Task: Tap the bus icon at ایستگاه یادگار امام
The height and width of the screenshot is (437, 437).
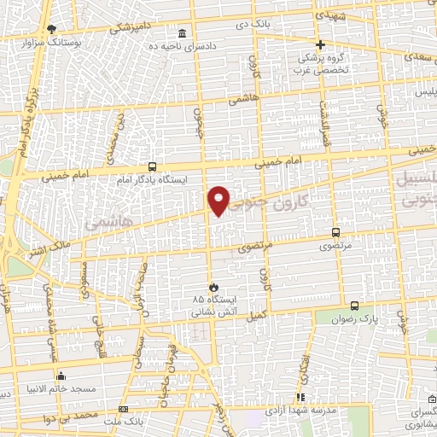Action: pos(152,166)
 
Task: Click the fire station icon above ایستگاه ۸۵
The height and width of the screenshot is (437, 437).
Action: pos(213,287)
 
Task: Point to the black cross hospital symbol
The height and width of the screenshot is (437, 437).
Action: pos(321,44)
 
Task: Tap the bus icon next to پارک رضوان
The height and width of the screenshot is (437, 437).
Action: pos(354,306)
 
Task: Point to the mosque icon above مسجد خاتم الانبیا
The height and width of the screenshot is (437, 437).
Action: pos(60,376)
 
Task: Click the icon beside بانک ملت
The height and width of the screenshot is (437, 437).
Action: pos(124,411)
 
